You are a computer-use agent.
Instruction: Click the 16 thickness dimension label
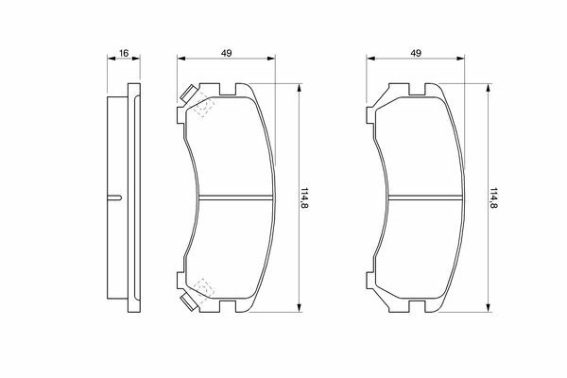(x=124, y=53)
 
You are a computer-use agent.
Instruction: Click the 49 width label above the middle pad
(x=227, y=53)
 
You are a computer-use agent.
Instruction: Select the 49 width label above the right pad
(x=416, y=53)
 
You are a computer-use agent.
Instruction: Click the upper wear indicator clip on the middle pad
(x=189, y=93)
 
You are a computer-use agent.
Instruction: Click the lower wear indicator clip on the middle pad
(x=189, y=302)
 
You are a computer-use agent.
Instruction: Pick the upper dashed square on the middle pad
(x=203, y=107)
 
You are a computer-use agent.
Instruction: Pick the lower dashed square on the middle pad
(x=203, y=288)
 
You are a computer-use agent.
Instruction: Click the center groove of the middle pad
(x=235, y=198)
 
